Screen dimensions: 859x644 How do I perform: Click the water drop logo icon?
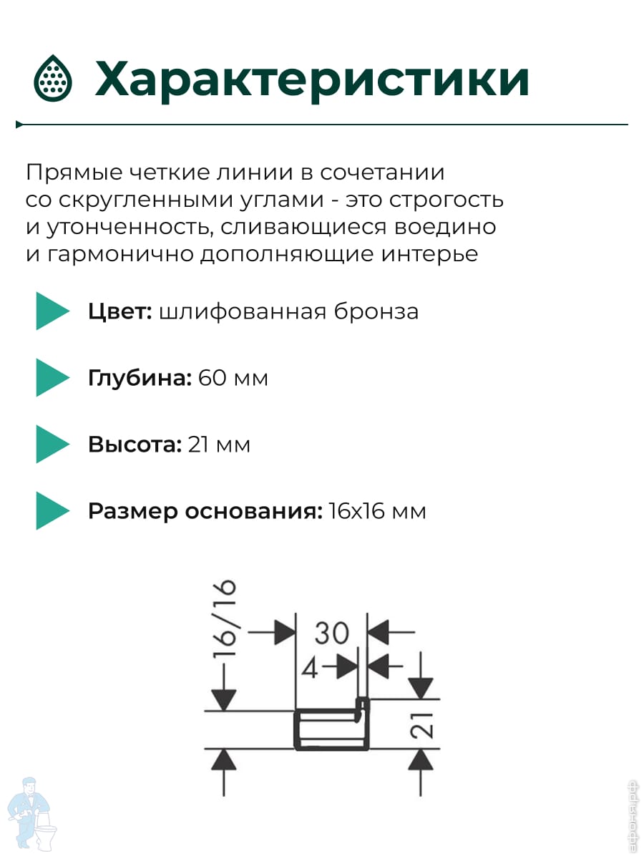(x=52, y=78)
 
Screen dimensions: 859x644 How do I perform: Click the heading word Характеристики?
(x=312, y=79)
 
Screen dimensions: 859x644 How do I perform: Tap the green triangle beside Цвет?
(x=52, y=311)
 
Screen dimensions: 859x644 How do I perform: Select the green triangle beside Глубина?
(x=52, y=378)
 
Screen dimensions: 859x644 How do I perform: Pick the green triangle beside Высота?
(x=52, y=445)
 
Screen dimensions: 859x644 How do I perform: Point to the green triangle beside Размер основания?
(x=52, y=511)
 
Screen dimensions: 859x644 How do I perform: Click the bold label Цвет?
(x=119, y=311)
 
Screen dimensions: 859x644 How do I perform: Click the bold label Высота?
(x=135, y=445)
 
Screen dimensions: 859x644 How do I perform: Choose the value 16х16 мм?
(x=378, y=511)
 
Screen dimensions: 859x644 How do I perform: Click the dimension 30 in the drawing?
(x=331, y=633)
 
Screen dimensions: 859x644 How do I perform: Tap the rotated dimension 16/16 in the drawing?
(x=224, y=620)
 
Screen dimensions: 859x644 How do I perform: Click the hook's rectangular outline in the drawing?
(x=331, y=729)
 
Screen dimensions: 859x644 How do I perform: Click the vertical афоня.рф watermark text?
(x=633, y=815)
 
